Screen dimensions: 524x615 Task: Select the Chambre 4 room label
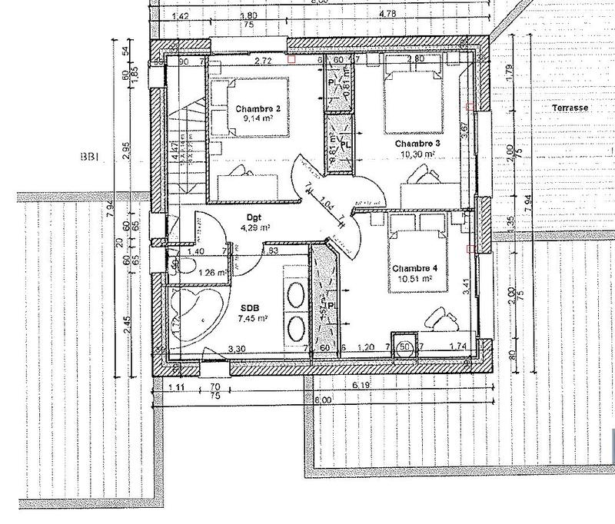pos(414,268)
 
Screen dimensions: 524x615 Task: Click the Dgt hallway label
pos(254,217)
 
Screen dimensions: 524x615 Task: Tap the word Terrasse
pos(570,109)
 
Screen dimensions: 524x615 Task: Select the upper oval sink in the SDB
pos(294,293)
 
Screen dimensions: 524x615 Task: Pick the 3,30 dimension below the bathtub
pos(238,348)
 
